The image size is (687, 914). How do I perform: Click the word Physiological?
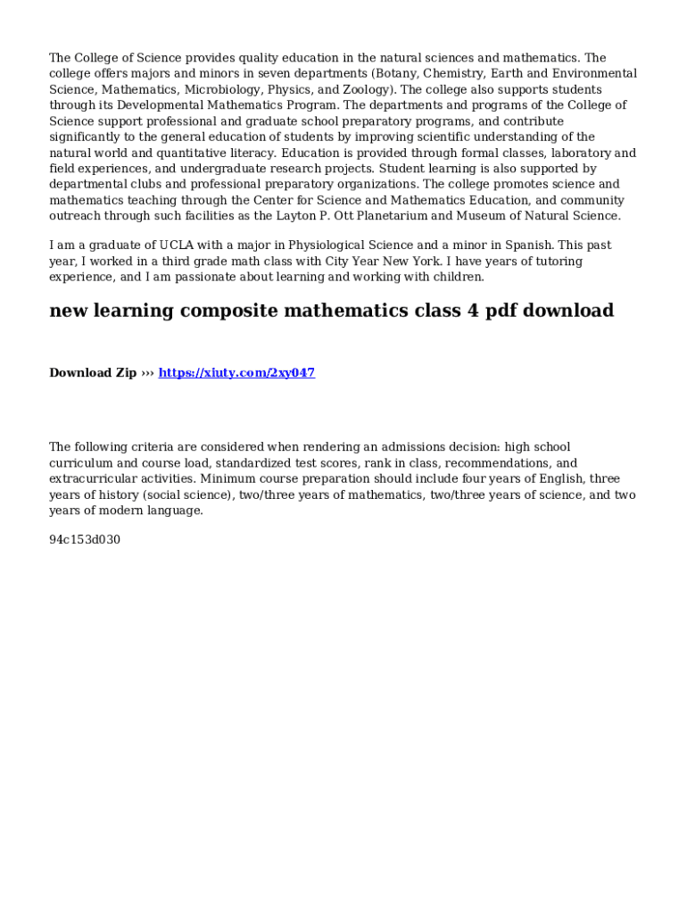click(327, 245)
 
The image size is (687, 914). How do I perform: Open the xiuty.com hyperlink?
click(236, 373)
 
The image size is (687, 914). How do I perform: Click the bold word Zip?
click(124, 373)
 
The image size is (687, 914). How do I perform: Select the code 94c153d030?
click(85, 540)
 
